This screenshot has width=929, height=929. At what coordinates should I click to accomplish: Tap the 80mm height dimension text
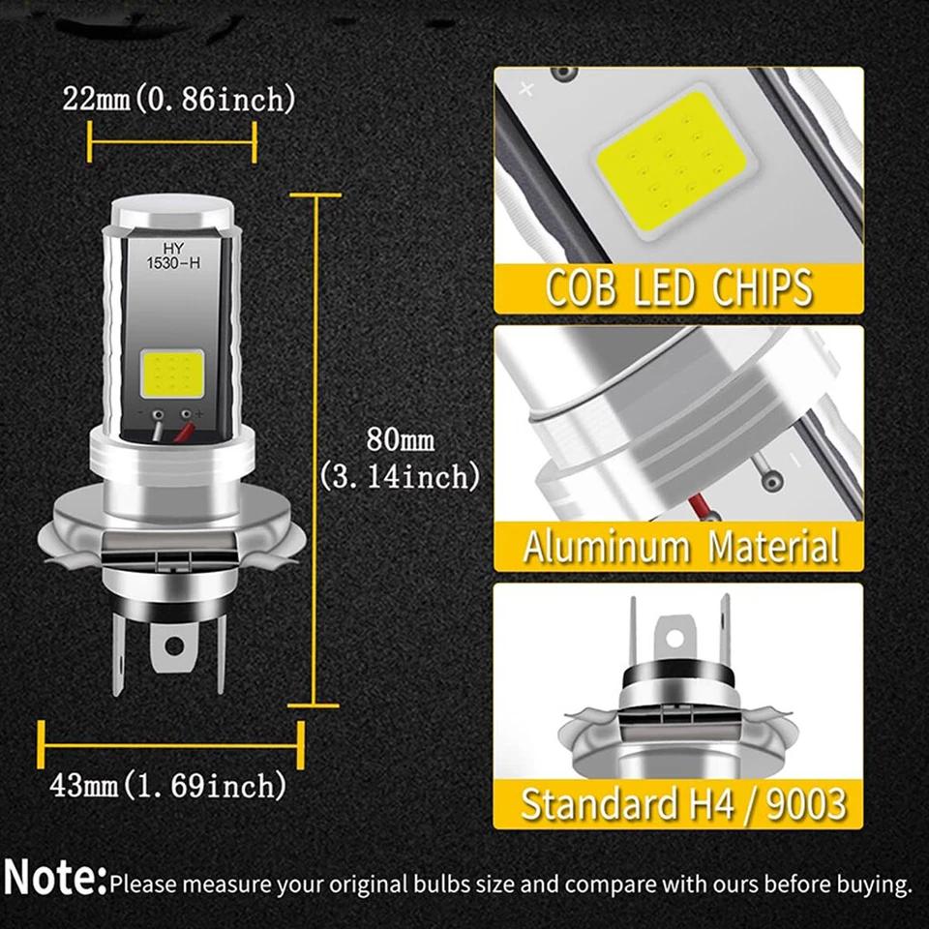click(x=400, y=440)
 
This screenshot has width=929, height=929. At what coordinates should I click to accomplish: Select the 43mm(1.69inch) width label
click(x=168, y=785)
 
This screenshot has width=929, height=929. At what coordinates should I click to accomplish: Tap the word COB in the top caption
click(x=581, y=288)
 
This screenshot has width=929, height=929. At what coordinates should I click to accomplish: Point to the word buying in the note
click(x=876, y=884)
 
